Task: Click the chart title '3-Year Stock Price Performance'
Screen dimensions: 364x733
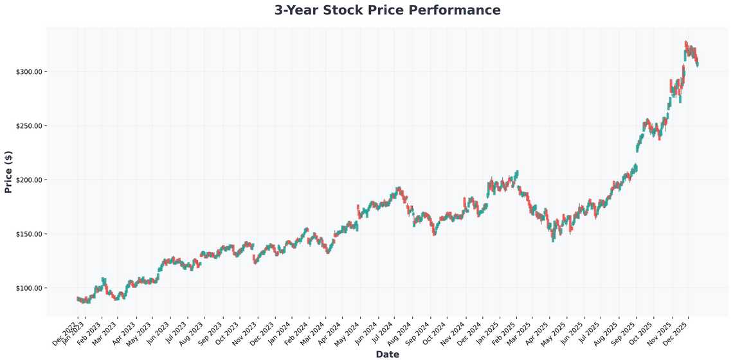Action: pyautogui.click(x=387, y=10)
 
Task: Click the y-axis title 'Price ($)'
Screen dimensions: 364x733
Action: pyautogui.click(x=8, y=172)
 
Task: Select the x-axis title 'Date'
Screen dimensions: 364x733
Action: pyautogui.click(x=387, y=354)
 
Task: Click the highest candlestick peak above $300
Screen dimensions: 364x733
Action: pyautogui.click(x=686, y=42)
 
